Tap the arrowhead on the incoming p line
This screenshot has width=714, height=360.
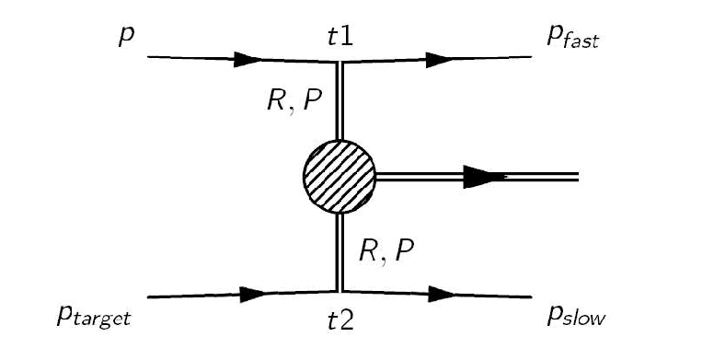coord(247,60)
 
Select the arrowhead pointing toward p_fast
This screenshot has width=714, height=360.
coord(441,60)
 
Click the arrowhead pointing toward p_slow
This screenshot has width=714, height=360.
coord(441,296)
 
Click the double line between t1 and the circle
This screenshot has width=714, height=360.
coord(340,101)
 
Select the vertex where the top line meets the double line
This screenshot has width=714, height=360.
coord(340,63)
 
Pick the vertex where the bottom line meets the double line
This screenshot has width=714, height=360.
coord(340,292)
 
